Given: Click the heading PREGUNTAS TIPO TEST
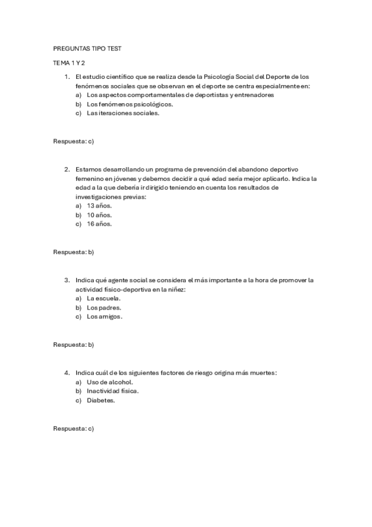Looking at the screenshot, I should pyautogui.click(x=87, y=48).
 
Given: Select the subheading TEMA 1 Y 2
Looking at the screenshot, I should pyautogui.click(x=69, y=63).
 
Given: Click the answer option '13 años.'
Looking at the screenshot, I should pyautogui.click(x=99, y=206).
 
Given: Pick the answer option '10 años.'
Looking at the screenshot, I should pyautogui.click(x=99, y=215).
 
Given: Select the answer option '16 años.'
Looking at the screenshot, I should pyautogui.click(x=99, y=224).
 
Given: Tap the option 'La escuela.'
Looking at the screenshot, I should pyautogui.click(x=104, y=298).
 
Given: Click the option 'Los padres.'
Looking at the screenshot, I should pyautogui.click(x=104, y=308).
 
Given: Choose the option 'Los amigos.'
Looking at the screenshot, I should pyautogui.click(x=104, y=317).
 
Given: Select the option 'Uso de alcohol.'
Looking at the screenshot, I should pyautogui.click(x=110, y=382).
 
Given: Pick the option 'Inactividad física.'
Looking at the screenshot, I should pyautogui.click(x=112, y=391).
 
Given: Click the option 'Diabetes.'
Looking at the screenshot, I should pyautogui.click(x=101, y=400).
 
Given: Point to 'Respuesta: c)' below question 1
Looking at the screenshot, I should pyautogui.click(x=73, y=142).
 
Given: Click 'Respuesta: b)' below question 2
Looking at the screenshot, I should pyautogui.click(x=73, y=252).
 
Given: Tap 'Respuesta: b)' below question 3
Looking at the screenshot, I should pyautogui.click(x=73, y=344).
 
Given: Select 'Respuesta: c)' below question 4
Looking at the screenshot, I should pyautogui.click(x=73, y=429).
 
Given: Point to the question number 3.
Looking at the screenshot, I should pyautogui.click(x=66, y=280).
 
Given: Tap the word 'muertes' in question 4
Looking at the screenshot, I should pyautogui.click(x=261, y=372).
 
